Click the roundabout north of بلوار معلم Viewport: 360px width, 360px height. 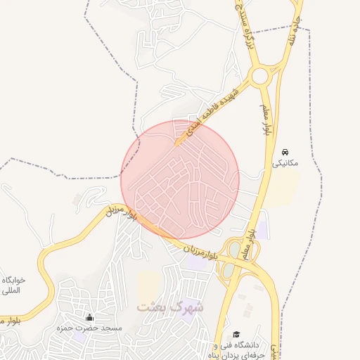coord(262,75)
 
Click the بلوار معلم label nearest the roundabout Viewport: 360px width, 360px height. coord(268,120)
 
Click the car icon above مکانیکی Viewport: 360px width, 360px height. coord(285,152)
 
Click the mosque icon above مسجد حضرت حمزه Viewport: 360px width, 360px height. coord(89,317)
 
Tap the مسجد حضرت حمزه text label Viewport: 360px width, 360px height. coord(91,328)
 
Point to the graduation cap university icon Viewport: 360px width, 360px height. coord(237,335)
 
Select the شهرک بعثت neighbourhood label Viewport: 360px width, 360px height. coord(169,307)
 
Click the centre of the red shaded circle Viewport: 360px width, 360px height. coord(180,179)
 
